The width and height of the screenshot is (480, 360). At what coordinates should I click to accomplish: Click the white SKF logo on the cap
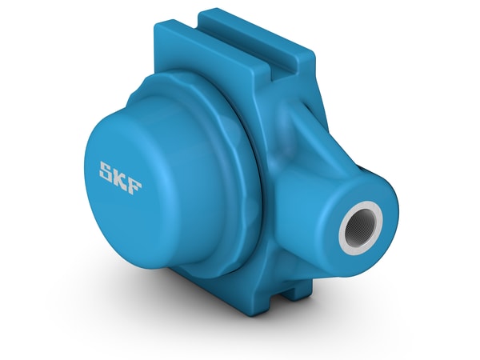pos(121,172)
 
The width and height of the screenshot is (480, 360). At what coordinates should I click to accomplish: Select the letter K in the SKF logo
pos(122,172)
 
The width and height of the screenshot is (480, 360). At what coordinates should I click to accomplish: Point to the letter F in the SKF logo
pos(135,174)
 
